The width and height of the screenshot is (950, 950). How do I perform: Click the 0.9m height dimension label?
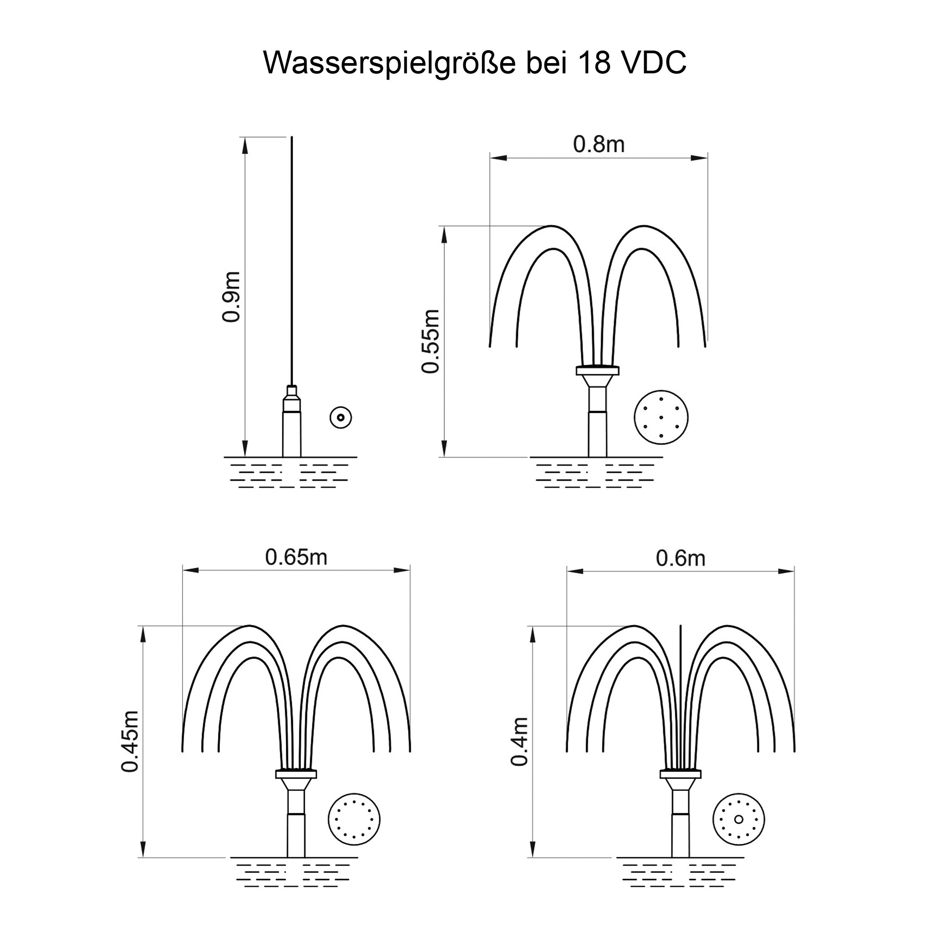coord(231,296)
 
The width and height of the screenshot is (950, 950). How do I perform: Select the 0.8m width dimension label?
coord(599,144)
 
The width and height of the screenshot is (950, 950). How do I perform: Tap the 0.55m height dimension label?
coord(431,341)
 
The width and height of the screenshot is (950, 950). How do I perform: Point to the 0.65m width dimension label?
coord(296,557)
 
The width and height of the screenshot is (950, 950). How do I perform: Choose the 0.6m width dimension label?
coord(681,558)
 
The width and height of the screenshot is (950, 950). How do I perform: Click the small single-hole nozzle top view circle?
coord(340,418)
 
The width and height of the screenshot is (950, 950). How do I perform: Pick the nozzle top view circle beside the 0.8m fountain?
coord(661,418)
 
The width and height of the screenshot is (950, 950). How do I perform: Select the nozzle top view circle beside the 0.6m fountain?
coord(739,819)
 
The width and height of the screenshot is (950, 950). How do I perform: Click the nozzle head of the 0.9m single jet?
coord(291,398)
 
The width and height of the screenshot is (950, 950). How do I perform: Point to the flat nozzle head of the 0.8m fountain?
coord(597,370)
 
